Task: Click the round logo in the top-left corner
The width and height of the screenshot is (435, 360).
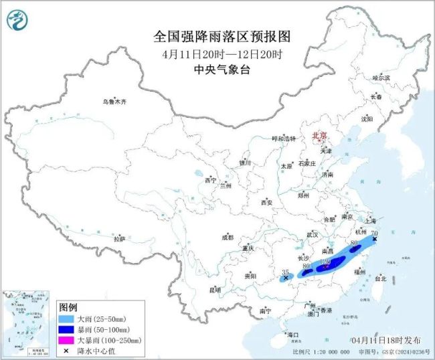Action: pos(15,20)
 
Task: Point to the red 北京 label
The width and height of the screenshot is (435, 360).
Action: pos(319,136)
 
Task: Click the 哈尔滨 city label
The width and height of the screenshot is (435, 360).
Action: pos(381,78)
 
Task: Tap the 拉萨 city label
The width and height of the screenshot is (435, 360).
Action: pos(119,239)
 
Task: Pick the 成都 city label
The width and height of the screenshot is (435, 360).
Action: pos(228,237)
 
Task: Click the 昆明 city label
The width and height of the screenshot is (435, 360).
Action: pos(215,289)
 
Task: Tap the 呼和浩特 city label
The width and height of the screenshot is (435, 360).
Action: pos(282,138)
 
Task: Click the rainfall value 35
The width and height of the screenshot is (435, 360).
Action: pos(286,272)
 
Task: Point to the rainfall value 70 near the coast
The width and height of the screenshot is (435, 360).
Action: pos(383,233)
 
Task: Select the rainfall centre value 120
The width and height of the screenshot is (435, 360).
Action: pos(327,262)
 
